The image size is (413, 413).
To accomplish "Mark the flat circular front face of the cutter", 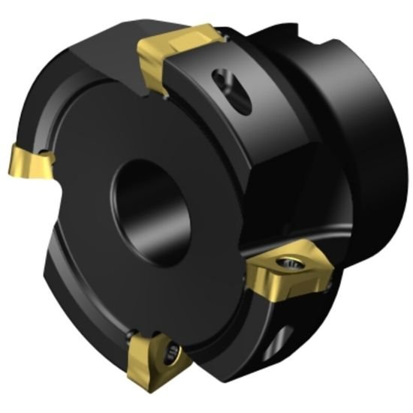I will [113, 248].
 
